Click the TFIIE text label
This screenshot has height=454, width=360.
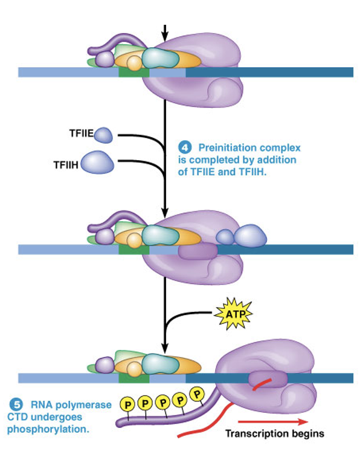(81, 134)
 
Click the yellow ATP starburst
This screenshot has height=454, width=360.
(233, 314)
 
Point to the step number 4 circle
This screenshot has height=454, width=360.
(185, 147)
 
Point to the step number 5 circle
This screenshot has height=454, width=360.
(13, 404)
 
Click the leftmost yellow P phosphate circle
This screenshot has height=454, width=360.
(127, 403)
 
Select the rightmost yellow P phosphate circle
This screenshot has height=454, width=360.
(197, 394)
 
